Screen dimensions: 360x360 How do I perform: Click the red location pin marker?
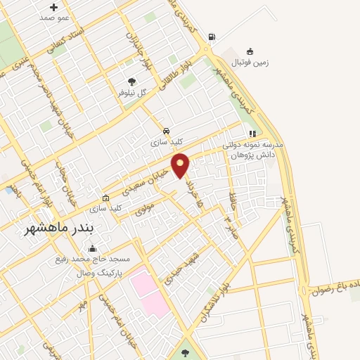click(x=181, y=165)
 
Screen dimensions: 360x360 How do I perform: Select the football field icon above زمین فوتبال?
click(x=250, y=51)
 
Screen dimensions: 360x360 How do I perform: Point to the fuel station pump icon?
click(x=212, y=37)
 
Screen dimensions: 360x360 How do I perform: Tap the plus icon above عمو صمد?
click(x=53, y=7)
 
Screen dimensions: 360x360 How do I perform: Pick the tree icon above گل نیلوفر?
click(x=131, y=82)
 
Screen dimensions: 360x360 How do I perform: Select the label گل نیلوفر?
click(x=131, y=93)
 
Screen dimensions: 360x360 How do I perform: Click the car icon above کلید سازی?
click(x=166, y=131)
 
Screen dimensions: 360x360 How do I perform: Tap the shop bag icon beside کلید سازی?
click(x=105, y=198)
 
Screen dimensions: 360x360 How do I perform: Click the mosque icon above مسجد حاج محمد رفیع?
click(x=92, y=248)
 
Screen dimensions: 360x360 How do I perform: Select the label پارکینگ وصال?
click(x=96, y=269)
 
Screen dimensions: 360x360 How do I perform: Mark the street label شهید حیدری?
click(x=179, y=267)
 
